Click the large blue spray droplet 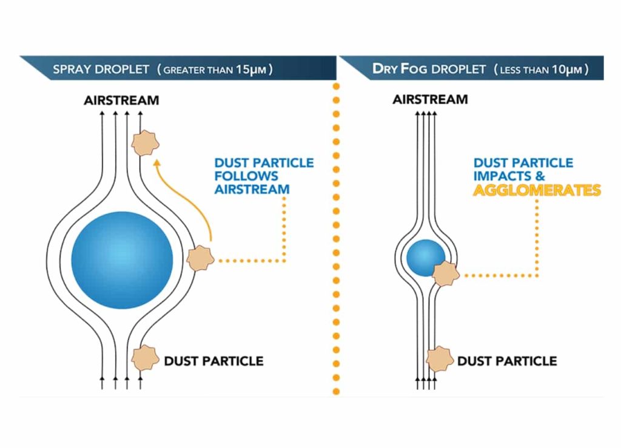click(x=122, y=260)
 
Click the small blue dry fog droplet click(x=426, y=258)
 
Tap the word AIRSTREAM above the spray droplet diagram click(x=121, y=100)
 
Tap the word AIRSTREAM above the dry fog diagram click(x=430, y=99)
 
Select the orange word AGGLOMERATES click(x=537, y=190)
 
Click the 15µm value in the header click(x=251, y=70)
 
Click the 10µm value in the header click(x=567, y=70)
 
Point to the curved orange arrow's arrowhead click(x=157, y=162)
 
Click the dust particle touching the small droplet click(x=446, y=273)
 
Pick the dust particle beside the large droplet click(x=200, y=258)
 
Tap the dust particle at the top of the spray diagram click(x=145, y=142)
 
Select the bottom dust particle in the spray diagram click(x=145, y=358)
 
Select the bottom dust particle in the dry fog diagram click(x=440, y=359)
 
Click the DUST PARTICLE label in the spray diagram click(x=214, y=361)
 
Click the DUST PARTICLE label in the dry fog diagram click(x=508, y=361)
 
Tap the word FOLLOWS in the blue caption click(x=246, y=176)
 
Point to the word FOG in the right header click(x=414, y=69)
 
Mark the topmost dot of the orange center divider click(x=336, y=86)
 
